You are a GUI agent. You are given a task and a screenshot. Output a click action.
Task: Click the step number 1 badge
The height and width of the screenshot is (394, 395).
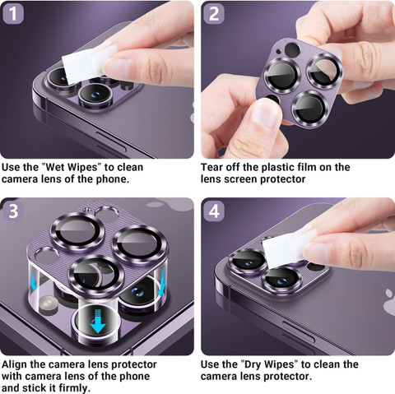click(13, 14)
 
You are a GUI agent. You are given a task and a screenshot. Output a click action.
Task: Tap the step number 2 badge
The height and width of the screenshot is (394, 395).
click(214, 14)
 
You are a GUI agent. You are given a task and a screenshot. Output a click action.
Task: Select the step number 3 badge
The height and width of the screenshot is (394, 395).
click(13, 211)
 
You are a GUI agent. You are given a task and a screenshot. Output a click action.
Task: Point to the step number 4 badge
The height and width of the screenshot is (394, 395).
click(214, 211)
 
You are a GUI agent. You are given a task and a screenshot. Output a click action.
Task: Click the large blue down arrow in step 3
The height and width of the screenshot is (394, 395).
click(98, 321)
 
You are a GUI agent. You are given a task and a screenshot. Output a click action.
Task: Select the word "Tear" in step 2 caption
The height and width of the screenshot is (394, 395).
click(211, 167)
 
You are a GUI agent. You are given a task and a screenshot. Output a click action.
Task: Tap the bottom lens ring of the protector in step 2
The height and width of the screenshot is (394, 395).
click(311, 108)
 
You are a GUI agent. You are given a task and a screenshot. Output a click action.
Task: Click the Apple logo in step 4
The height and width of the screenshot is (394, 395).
click(389, 302)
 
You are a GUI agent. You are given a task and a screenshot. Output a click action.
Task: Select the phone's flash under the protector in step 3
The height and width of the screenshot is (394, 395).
click(49, 304)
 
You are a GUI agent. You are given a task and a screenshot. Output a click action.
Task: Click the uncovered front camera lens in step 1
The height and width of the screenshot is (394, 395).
click(95, 95)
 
